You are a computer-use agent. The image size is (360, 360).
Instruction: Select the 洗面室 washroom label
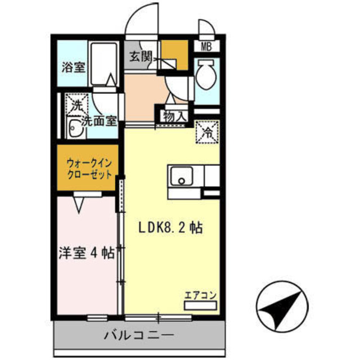click(99, 120)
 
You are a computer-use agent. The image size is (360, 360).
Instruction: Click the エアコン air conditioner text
click(201, 294)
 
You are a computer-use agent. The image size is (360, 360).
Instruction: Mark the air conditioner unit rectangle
click(201, 305)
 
